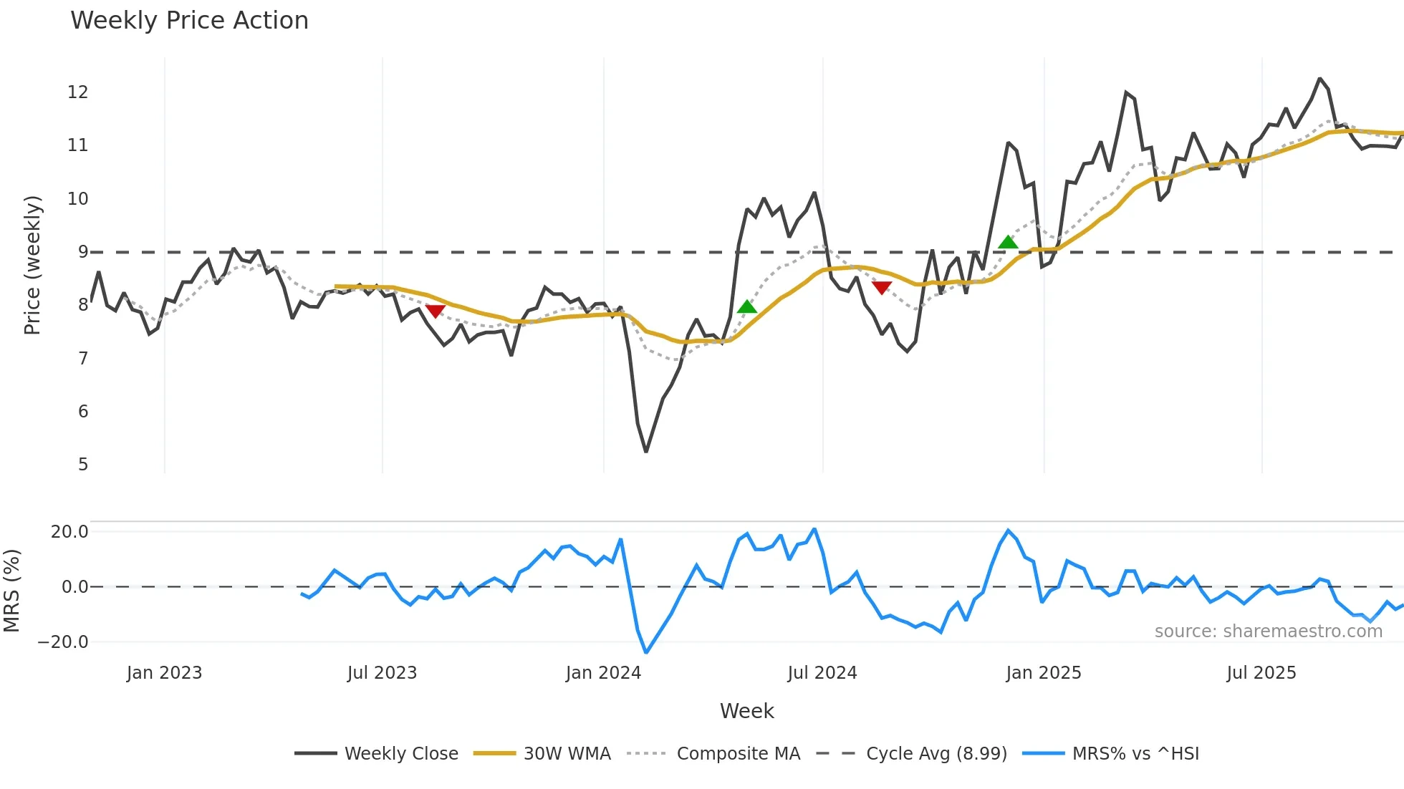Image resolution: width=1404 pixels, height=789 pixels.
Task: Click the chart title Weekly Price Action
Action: pos(189,21)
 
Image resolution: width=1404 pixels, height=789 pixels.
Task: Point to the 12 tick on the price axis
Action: pos(78,92)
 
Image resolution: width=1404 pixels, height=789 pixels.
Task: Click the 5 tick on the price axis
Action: pos(83,465)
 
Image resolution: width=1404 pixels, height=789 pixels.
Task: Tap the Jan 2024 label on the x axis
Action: pos(603,673)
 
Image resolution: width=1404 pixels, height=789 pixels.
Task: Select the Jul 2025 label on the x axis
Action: pos(1261,673)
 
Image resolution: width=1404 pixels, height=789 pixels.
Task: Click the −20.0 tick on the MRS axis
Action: pos(63,642)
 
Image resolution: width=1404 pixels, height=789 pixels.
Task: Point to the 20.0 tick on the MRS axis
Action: pos(69,532)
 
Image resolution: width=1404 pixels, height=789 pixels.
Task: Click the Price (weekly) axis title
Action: pos(32,265)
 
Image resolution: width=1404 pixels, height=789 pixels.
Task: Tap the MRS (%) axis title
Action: pos(12,591)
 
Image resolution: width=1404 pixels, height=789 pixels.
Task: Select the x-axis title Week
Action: pos(746,711)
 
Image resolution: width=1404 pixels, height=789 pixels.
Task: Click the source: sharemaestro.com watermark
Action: pos(1268,631)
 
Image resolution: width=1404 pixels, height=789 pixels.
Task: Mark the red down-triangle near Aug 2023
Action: pos(436,311)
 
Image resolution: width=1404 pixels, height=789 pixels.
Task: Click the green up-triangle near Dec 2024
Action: pos(1008,243)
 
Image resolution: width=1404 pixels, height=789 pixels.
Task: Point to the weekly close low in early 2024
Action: pos(646,451)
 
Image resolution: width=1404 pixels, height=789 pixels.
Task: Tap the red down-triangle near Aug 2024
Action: pos(882,288)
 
